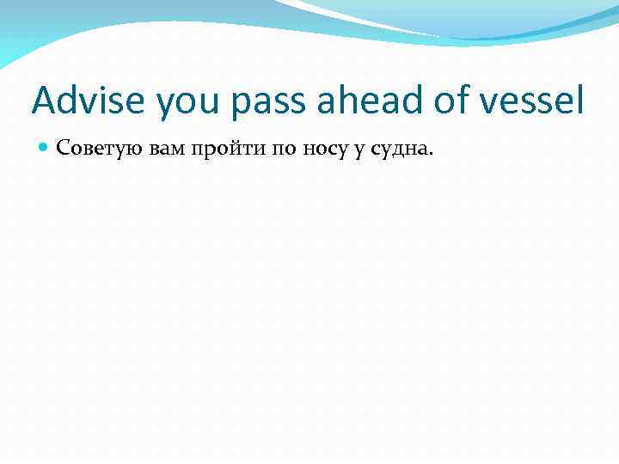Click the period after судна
click(432, 156)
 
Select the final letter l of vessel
click(580, 100)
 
